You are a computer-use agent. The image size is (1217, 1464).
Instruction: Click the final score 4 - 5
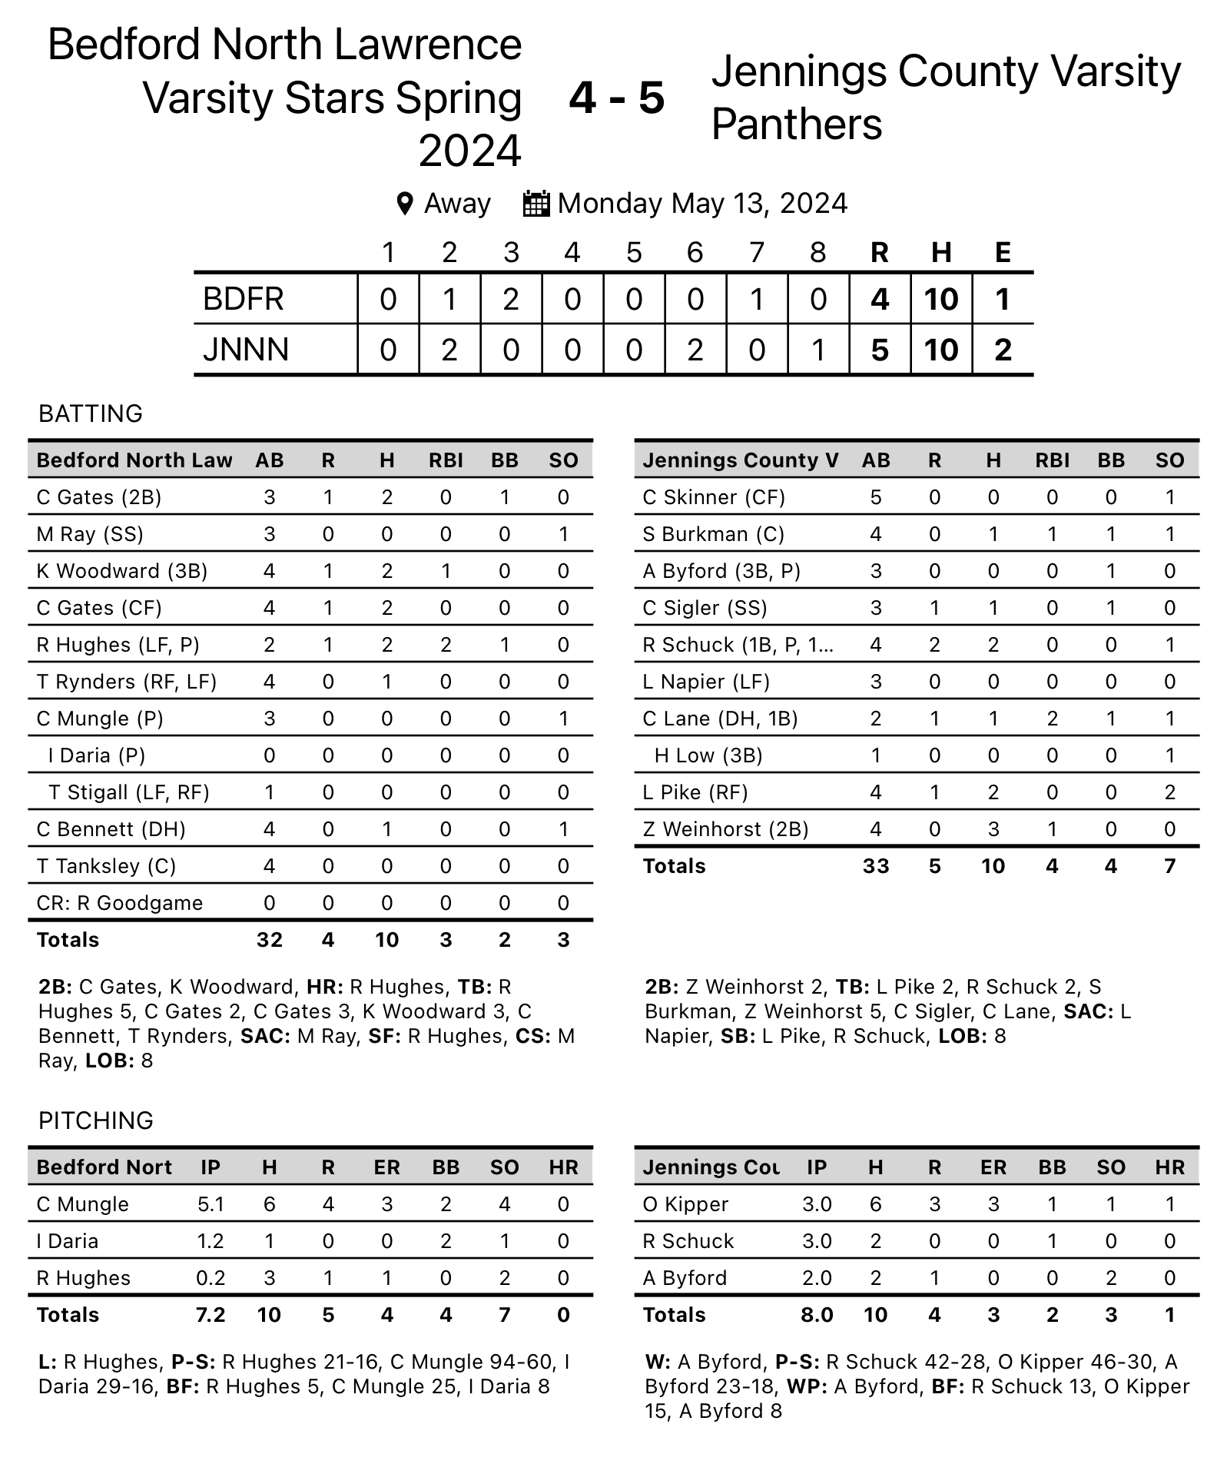click(616, 98)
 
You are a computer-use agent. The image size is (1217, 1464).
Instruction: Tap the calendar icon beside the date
click(536, 204)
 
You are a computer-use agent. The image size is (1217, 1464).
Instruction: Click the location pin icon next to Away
click(404, 204)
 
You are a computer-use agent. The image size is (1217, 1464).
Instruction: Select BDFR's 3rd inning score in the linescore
click(511, 299)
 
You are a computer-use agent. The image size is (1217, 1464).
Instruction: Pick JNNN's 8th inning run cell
click(818, 350)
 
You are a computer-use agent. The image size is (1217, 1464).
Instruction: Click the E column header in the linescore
click(1003, 252)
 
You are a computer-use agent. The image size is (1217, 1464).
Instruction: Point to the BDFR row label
click(244, 299)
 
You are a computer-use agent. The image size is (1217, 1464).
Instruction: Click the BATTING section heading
click(91, 413)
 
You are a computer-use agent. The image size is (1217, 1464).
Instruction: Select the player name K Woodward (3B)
click(122, 571)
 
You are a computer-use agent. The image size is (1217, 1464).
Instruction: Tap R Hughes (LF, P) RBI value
click(446, 645)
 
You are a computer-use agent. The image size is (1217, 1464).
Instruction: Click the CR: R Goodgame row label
click(120, 903)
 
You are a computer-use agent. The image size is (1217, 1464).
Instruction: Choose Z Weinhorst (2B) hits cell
click(993, 829)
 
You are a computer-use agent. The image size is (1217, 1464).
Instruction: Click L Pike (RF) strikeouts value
click(1169, 792)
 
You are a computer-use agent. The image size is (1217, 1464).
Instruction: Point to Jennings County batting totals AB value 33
click(876, 866)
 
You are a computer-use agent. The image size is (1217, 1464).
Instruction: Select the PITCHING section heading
click(96, 1120)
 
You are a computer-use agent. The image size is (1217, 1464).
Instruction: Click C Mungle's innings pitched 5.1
click(211, 1204)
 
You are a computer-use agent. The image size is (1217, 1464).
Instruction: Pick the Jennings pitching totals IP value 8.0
click(817, 1315)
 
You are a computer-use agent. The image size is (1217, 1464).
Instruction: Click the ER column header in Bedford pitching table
click(386, 1167)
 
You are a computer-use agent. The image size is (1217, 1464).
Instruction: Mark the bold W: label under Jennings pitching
click(658, 1363)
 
